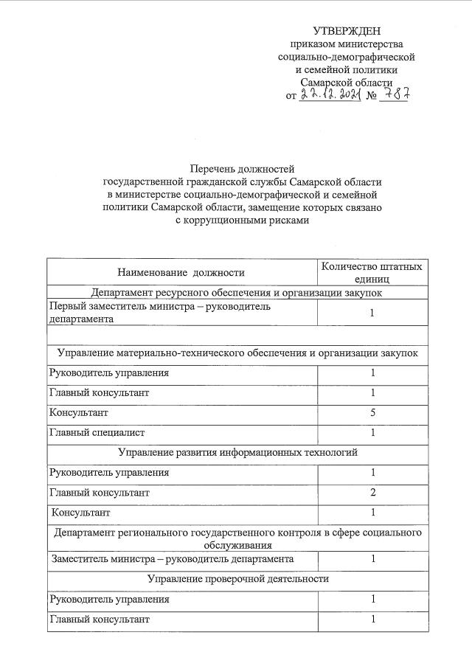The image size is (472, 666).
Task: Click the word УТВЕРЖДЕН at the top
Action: (x=347, y=30)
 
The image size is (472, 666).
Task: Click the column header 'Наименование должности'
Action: (x=181, y=272)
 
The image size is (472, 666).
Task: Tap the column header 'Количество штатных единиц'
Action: (x=372, y=272)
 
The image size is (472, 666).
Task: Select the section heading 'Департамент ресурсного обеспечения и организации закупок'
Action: (x=237, y=292)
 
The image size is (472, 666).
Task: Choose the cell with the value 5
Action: (x=372, y=413)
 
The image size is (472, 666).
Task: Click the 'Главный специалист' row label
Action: (x=97, y=433)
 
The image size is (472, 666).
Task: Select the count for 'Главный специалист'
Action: (x=372, y=433)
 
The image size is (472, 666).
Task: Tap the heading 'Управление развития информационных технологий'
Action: (x=237, y=452)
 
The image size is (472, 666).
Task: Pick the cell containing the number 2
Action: (x=372, y=492)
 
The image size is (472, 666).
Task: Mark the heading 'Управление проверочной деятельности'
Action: (x=237, y=579)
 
